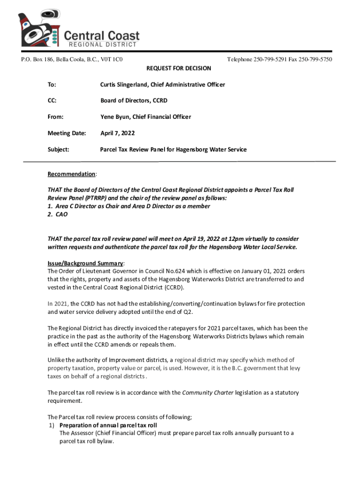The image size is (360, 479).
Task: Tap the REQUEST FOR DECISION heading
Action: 179,68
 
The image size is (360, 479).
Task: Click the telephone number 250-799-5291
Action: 269,59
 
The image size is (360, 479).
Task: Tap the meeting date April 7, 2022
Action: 117,133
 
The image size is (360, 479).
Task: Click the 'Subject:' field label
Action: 58,150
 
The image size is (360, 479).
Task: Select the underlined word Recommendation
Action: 71,174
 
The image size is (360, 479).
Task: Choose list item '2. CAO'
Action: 58,214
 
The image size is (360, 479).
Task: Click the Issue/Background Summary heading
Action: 86,263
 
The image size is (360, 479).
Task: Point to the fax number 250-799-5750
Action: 316,59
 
